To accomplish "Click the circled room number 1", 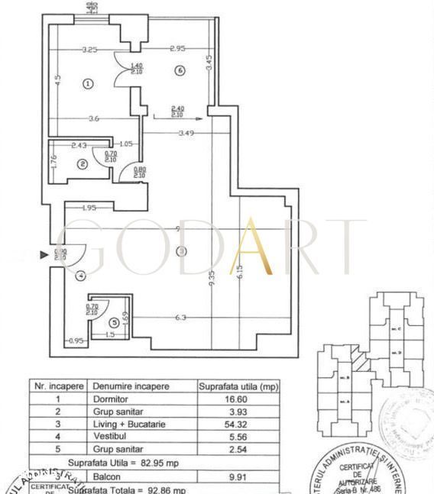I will [x=88, y=84].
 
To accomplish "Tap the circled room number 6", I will [x=180, y=71].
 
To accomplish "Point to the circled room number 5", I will [x=114, y=323].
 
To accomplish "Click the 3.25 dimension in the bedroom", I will [x=89, y=50].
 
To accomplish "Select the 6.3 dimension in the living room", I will [x=181, y=318].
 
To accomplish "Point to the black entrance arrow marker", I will [x=44, y=257].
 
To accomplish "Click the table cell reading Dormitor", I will [x=107, y=399].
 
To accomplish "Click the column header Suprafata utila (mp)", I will [x=238, y=386].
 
